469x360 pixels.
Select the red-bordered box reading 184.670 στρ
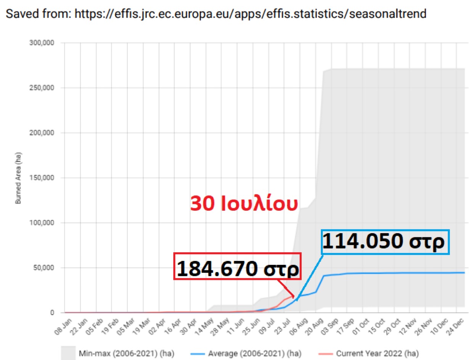(x=237, y=266)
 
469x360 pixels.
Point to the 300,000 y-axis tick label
(x=42, y=43)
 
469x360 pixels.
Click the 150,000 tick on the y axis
(x=42, y=178)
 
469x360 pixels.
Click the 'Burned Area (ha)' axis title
(x=18, y=178)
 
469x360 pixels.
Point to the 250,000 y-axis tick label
(x=42, y=88)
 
